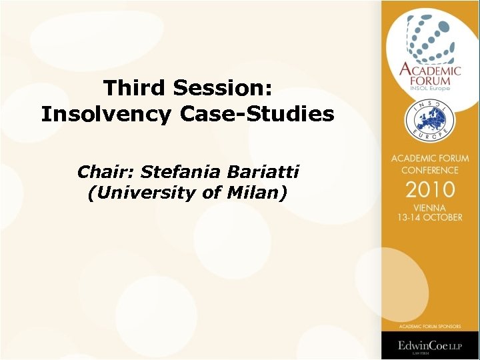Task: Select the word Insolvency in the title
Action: coord(106,115)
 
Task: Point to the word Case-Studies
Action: coord(257,115)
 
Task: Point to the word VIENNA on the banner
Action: coord(430,207)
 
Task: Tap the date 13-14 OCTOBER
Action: coord(430,217)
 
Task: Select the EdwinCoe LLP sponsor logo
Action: coord(430,346)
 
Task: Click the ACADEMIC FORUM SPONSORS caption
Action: coord(430,327)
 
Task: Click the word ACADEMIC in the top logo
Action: coord(430,69)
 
